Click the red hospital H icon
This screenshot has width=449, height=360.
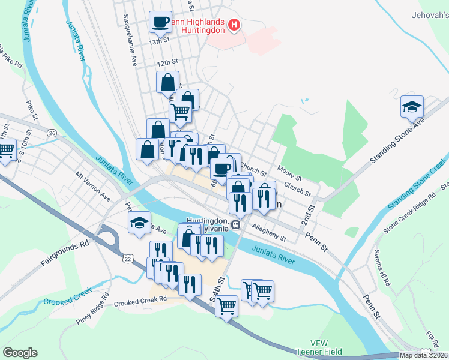[x=235, y=26]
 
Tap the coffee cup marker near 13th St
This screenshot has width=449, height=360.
[x=160, y=22]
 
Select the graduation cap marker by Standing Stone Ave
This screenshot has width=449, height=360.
[x=412, y=106]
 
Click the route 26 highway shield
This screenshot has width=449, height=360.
[x=53, y=133]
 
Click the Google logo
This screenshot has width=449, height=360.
[x=20, y=353]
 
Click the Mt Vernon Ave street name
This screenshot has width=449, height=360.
[x=93, y=187]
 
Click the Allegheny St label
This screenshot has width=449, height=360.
[x=269, y=233]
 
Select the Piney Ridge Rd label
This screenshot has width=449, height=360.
[x=92, y=309]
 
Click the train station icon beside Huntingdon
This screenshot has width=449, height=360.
[x=237, y=226]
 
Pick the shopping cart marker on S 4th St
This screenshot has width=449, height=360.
[x=227, y=307]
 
